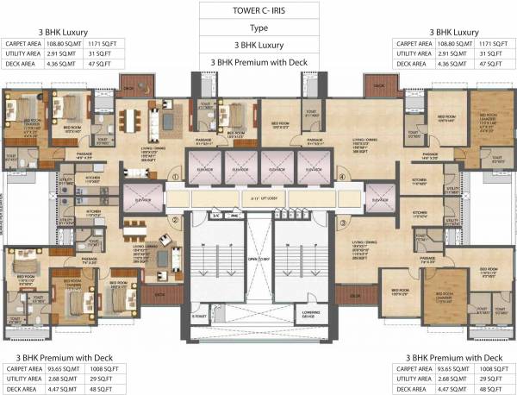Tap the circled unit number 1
coord(174,178)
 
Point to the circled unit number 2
coord(174,220)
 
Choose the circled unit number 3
coord(342,222)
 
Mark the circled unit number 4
coord(342,178)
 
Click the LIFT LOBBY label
coord(258,198)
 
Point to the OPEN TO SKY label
coord(258,257)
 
